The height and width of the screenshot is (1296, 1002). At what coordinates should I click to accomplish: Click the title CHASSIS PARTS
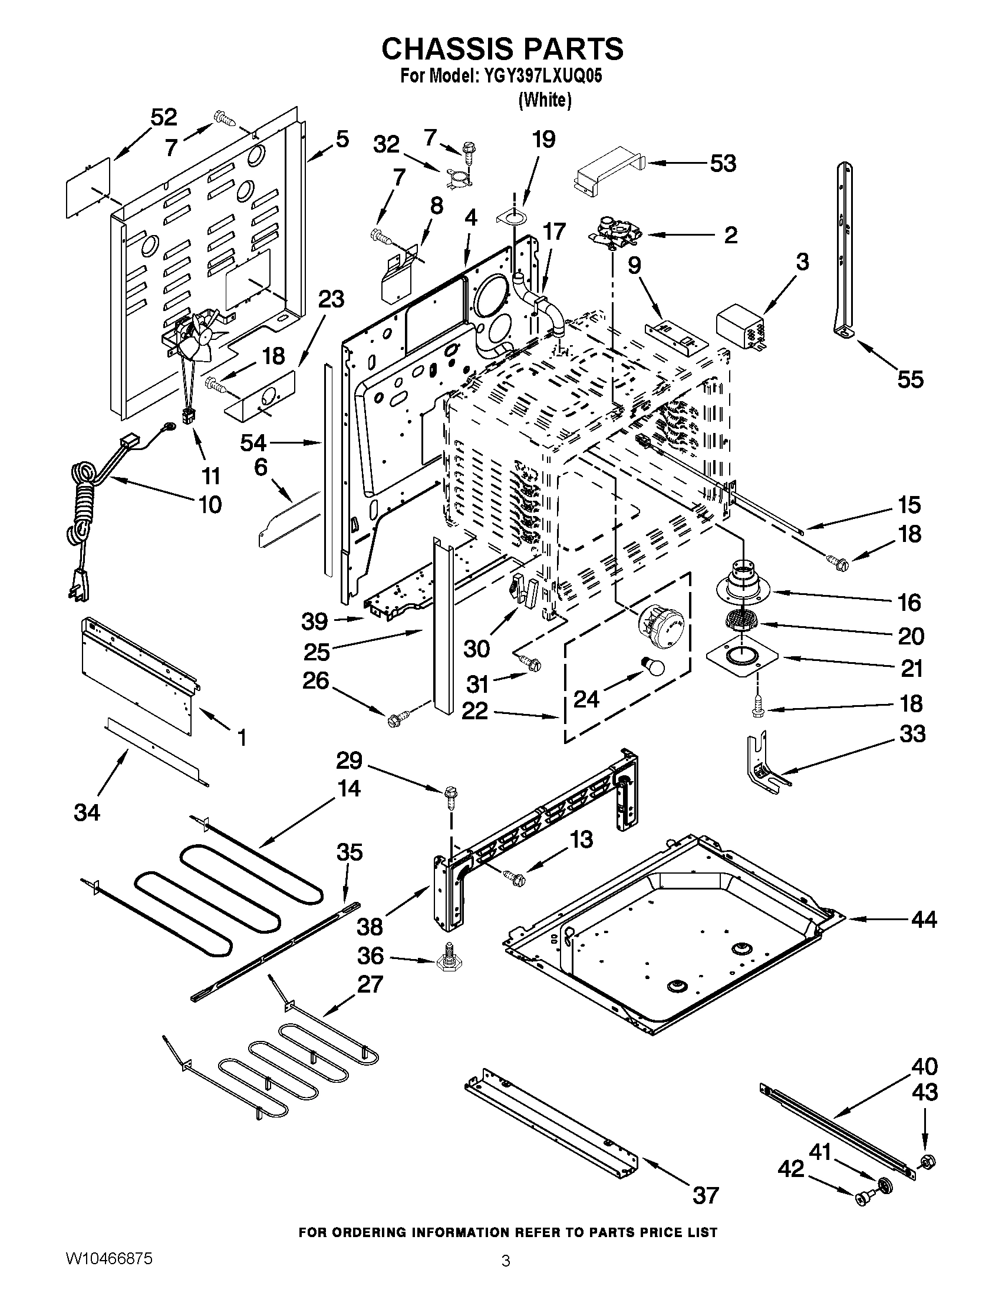(x=502, y=49)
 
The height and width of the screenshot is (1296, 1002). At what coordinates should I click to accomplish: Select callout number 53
(x=723, y=163)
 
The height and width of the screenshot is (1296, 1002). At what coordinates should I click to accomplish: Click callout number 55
(x=910, y=379)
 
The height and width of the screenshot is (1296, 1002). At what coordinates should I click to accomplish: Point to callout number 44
(x=924, y=919)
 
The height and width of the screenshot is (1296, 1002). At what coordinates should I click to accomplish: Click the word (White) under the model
(x=545, y=100)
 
